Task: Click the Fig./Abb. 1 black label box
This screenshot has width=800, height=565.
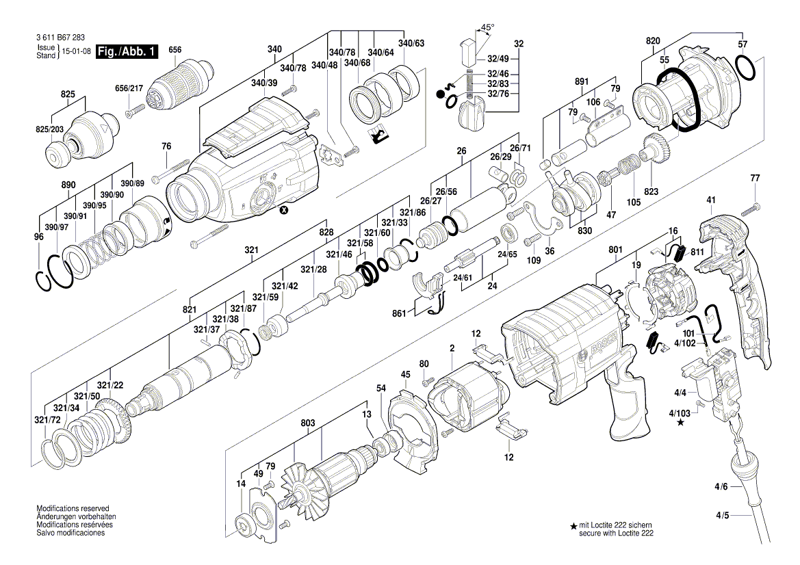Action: point(128,52)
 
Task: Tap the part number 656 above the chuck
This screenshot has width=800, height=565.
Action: point(175,49)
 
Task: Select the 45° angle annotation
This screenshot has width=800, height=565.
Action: point(487,28)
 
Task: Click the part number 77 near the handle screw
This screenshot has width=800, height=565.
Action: point(755,178)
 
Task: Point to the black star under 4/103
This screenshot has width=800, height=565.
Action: point(680,423)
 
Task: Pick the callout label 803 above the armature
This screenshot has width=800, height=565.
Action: point(307,423)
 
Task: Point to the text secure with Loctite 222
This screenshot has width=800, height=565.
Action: point(606,533)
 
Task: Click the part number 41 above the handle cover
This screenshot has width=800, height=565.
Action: point(710,200)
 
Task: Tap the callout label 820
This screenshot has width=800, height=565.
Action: point(653,41)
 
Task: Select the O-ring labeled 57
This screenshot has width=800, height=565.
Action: point(746,68)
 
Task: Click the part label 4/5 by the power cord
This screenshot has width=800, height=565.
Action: point(723,515)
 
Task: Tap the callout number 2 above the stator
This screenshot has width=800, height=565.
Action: point(452,349)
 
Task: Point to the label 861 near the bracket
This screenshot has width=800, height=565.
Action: point(400,313)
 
